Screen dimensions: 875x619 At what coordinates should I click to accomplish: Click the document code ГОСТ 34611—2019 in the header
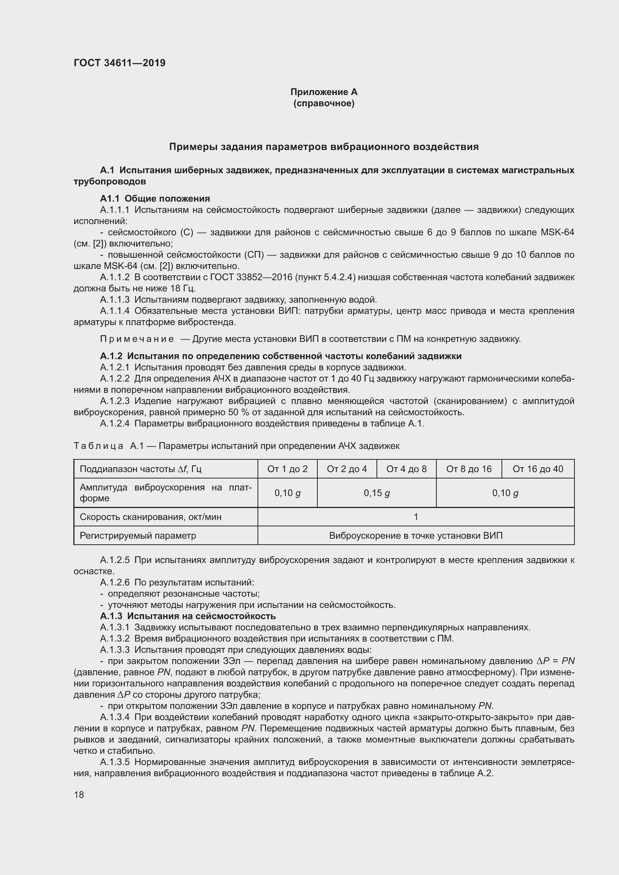point(119,63)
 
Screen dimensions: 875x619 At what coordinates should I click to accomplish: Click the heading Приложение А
point(324,92)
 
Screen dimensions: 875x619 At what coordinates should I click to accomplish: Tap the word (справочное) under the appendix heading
point(324,103)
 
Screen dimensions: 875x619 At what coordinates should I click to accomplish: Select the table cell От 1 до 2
point(287,469)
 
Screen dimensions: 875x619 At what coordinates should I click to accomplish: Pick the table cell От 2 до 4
point(347,469)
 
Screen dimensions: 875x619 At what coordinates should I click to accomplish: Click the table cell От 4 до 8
point(406,469)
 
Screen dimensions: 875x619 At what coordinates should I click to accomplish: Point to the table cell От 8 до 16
point(469,469)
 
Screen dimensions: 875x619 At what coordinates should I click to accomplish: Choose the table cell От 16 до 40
point(537,469)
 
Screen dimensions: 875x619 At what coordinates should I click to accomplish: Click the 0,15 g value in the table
point(376,493)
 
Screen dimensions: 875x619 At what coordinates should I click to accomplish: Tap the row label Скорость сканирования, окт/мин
point(150,517)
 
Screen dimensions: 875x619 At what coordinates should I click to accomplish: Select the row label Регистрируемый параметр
point(138,535)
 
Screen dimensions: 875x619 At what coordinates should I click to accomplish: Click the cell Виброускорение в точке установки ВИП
point(415,535)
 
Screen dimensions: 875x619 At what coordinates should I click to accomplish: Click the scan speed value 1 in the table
point(416,517)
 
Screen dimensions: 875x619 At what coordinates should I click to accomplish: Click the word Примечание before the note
point(137,339)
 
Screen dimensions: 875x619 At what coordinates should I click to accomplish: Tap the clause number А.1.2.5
point(115,560)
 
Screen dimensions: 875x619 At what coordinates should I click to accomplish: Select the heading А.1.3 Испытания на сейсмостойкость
point(187,616)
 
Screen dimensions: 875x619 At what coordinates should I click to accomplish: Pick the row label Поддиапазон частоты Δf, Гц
point(140,469)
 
